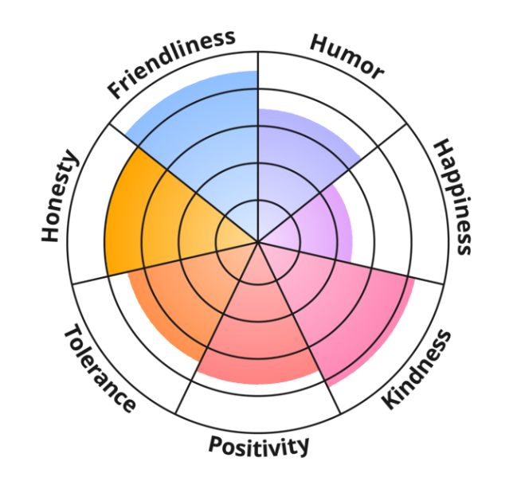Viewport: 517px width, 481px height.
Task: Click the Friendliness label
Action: [x=172, y=64]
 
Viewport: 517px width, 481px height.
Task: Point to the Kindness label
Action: [x=417, y=369]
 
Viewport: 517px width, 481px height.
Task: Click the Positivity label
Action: [x=258, y=445]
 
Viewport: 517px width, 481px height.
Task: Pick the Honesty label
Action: [x=61, y=196]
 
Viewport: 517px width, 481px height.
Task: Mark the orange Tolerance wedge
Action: [x=175, y=303]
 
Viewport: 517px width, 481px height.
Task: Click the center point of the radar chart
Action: [x=258, y=240]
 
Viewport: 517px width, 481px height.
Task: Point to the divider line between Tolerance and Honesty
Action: [x=143, y=267]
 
